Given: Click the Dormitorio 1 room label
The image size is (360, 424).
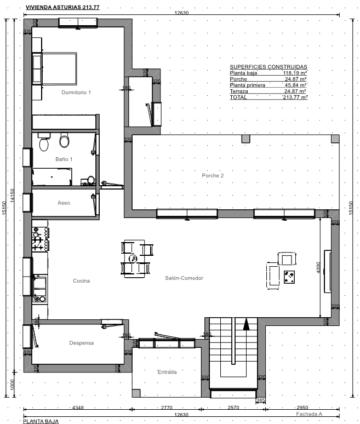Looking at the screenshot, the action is [76, 93].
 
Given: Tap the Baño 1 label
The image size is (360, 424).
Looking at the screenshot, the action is [64, 159].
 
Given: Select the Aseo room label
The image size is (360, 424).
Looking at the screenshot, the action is [64, 203].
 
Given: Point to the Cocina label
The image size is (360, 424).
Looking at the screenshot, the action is [82, 281].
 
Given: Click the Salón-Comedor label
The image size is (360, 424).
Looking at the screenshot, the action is [184, 278].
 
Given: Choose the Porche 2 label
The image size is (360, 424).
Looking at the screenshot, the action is [213, 175].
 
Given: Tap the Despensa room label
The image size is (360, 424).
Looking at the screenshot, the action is [82, 343].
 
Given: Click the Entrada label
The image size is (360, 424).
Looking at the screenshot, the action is [167, 372].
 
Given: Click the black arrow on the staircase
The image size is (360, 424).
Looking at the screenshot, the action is [246, 324].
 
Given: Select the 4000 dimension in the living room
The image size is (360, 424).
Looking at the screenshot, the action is [318, 268].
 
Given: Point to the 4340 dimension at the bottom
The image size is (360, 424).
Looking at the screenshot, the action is [78, 408].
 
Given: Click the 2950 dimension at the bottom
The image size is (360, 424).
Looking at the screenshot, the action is [302, 408].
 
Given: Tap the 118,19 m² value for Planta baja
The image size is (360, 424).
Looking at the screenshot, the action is [295, 73].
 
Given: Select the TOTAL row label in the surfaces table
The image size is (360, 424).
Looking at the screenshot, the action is [238, 98].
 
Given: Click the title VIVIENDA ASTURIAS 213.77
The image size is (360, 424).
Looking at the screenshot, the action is [62, 7].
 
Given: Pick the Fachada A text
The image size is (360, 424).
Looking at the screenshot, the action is [309, 414].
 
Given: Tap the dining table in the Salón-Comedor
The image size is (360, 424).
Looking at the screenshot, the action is [134, 259].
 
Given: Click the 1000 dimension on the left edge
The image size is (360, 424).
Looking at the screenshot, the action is [12, 385].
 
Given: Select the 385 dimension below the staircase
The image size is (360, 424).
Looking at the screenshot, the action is [260, 400].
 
